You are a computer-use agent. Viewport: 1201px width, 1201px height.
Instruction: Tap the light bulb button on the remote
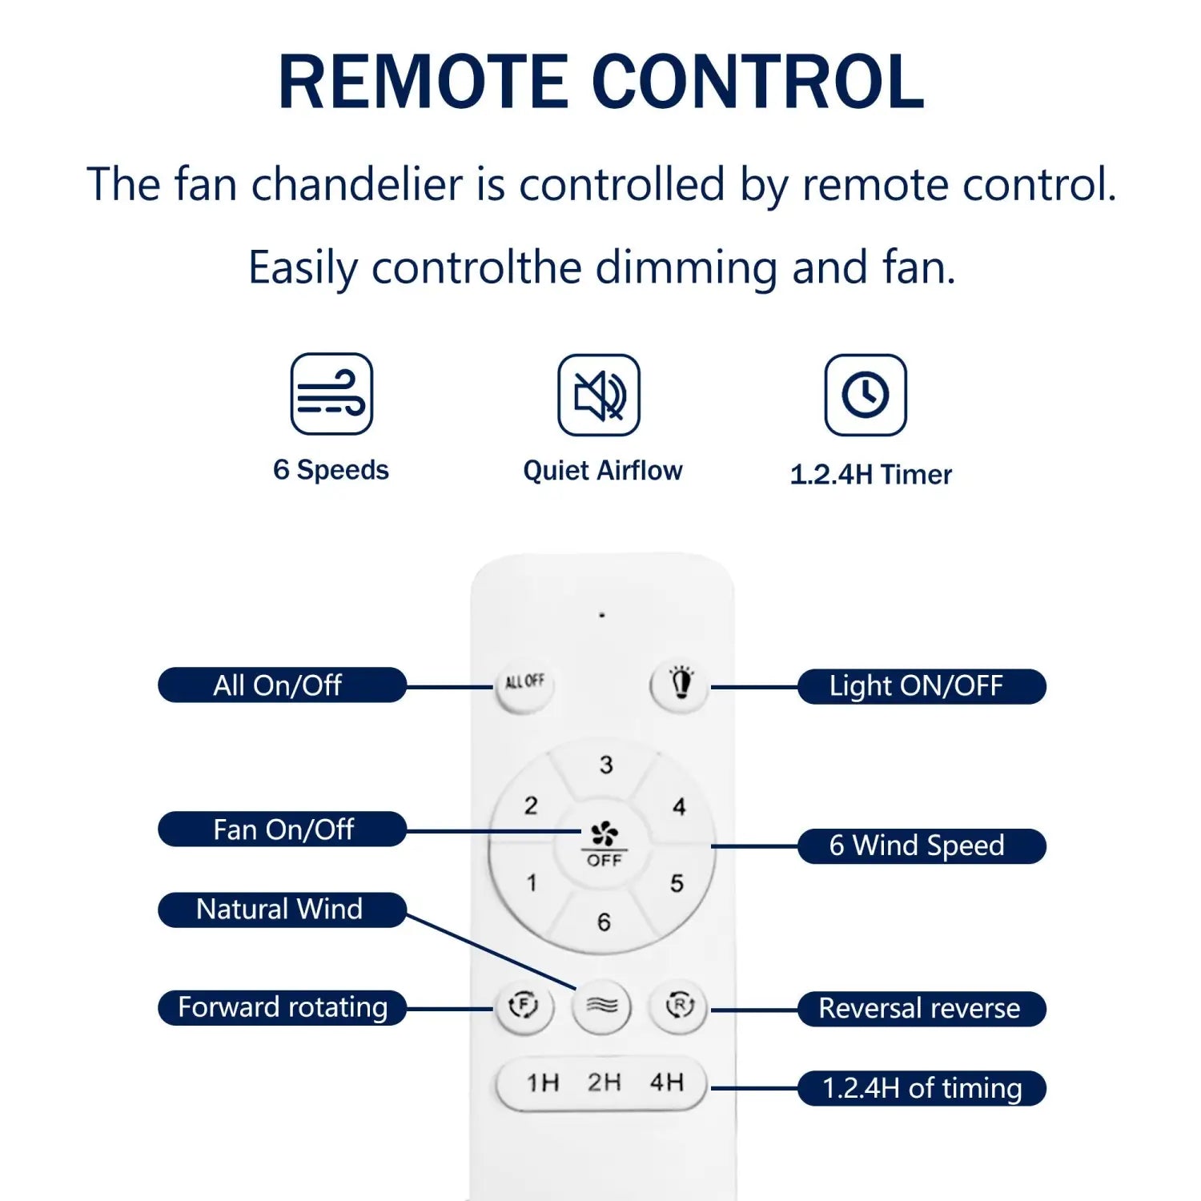(x=681, y=684)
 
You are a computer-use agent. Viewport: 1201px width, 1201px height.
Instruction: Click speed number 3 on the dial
(x=606, y=765)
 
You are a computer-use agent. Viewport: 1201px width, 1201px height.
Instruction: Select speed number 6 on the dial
(x=604, y=922)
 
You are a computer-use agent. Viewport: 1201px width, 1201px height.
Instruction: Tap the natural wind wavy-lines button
(x=601, y=1006)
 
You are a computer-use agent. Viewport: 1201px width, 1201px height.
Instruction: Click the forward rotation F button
(x=524, y=1006)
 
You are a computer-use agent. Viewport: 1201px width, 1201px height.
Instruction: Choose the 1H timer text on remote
(x=543, y=1083)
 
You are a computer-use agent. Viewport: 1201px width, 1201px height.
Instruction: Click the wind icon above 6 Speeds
(x=331, y=394)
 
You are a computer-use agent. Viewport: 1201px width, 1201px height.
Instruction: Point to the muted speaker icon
(x=599, y=395)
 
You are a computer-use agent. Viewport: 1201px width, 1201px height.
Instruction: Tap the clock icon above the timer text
(x=866, y=395)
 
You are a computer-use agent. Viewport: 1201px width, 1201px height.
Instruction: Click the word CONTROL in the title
(x=757, y=82)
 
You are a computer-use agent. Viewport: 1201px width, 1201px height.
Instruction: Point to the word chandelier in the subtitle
(x=357, y=185)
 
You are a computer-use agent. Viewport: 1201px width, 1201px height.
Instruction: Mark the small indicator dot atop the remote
(x=602, y=616)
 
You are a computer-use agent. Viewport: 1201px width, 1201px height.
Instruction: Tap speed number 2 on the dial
(x=531, y=805)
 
